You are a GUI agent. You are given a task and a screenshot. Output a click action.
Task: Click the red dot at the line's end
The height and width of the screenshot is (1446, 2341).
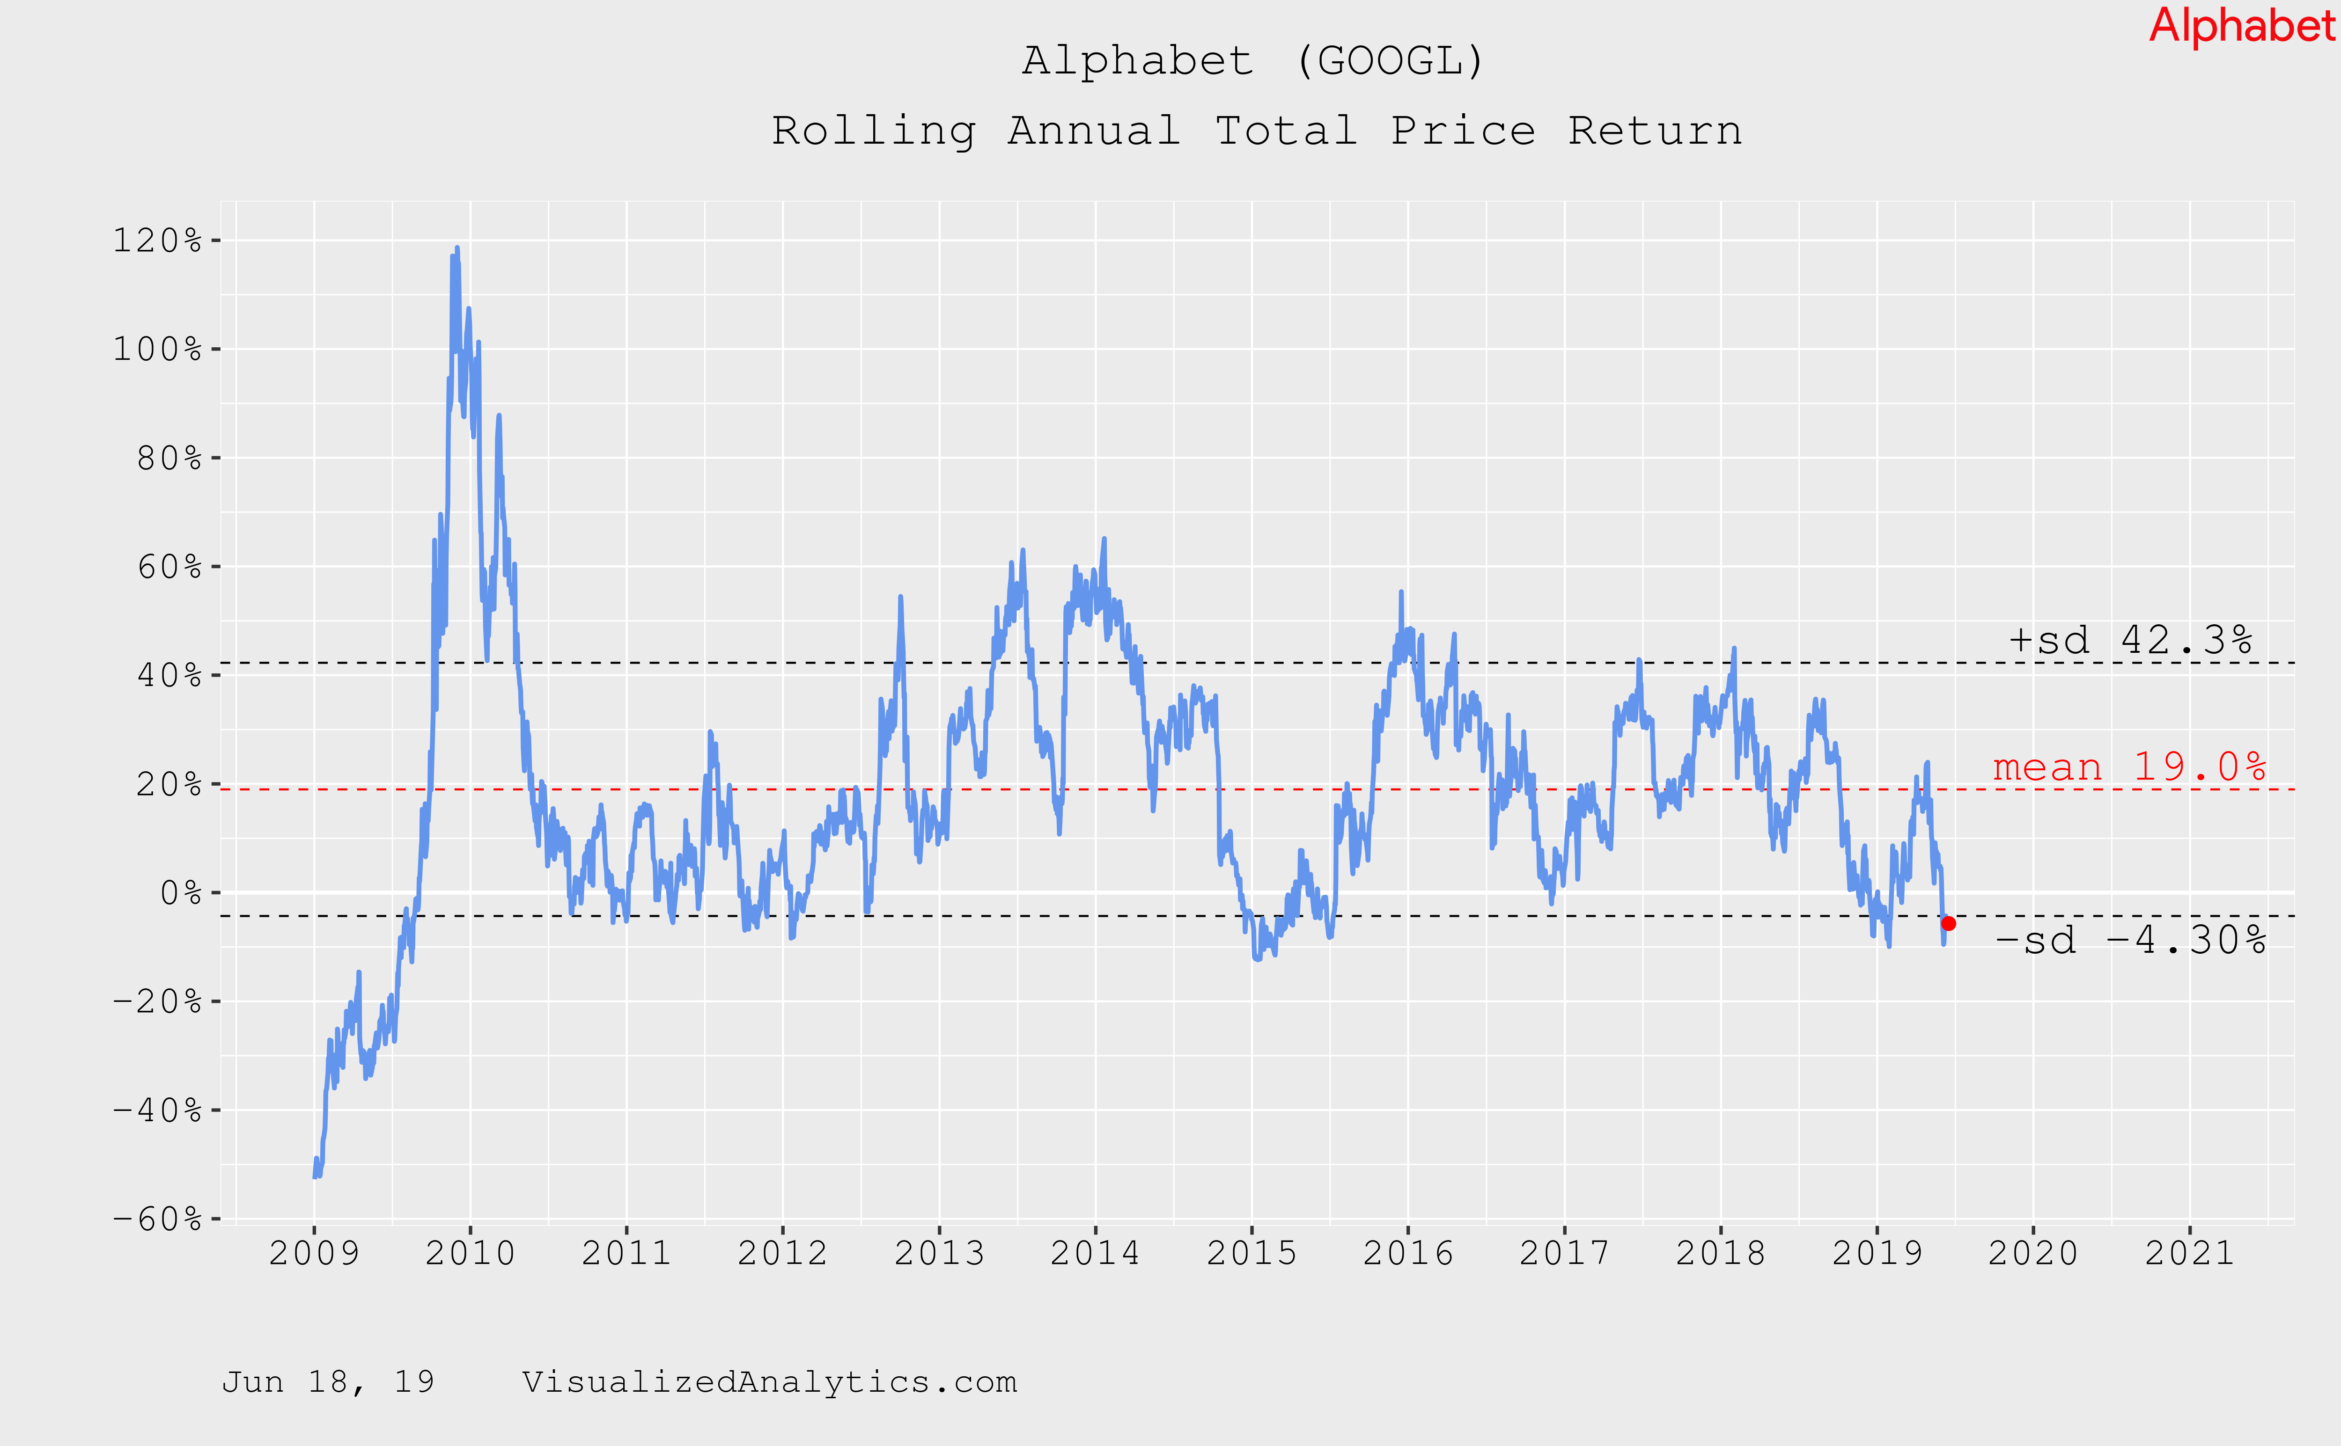tap(1948, 924)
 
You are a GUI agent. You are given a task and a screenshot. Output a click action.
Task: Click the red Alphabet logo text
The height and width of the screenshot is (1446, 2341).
tap(2241, 26)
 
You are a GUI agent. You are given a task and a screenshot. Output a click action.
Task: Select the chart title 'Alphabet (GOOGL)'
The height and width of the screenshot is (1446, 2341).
tap(1253, 61)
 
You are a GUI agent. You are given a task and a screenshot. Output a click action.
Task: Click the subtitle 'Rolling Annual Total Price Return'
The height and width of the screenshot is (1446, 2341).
tap(1256, 131)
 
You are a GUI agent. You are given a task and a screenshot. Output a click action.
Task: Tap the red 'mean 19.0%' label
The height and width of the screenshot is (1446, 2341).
tap(2128, 767)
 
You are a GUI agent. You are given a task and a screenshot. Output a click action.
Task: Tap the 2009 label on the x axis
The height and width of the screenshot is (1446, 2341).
tap(314, 1253)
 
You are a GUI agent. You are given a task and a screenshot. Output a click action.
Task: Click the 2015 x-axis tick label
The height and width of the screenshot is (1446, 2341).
tap(1251, 1253)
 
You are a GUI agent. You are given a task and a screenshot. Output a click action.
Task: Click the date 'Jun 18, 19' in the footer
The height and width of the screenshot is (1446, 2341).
tap(328, 1382)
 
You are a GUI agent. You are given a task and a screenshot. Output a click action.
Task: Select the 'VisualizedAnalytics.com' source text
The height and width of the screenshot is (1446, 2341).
tap(769, 1382)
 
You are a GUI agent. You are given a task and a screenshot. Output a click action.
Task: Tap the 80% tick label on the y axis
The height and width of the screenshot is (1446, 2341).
tap(169, 458)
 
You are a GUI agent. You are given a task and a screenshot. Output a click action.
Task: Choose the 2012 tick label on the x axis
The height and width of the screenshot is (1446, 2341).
tap(782, 1253)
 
